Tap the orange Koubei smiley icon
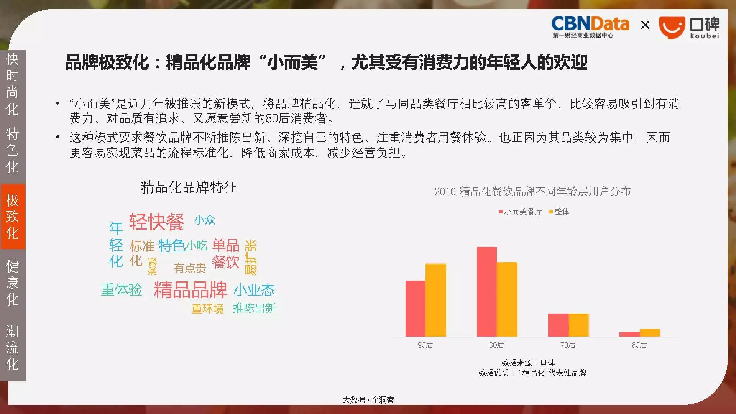pyautogui.click(x=672, y=28)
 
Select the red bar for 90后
pyautogui.click(x=416, y=309)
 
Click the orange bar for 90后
pyautogui.click(x=436, y=300)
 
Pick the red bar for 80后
pyautogui.click(x=487, y=292)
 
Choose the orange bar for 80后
pyautogui.click(x=507, y=299)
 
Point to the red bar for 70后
pyautogui.click(x=559, y=325)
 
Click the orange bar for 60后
pyautogui.click(x=650, y=333)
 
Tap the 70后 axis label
pyautogui.click(x=568, y=345)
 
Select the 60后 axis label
pyautogui.click(x=639, y=345)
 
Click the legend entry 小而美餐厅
pyautogui.click(x=520, y=212)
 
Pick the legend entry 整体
pyautogui.click(x=559, y=212)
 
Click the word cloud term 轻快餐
pyautogui.click(x=156, y=222)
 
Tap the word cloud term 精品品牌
pyautogui.click(x=191, y=289)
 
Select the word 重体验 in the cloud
pyautogui.click(x=122, y=290)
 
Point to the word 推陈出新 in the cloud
pyautogui.click(x=255, y=308)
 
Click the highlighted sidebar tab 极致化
pyautogui.click(x=13, y=217)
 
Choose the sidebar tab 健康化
pyautogui.click(x=13, y=283)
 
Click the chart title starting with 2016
pyautogui.click(x=532, y=191)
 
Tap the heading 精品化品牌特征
pyautogui.click(x=189, y=187)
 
